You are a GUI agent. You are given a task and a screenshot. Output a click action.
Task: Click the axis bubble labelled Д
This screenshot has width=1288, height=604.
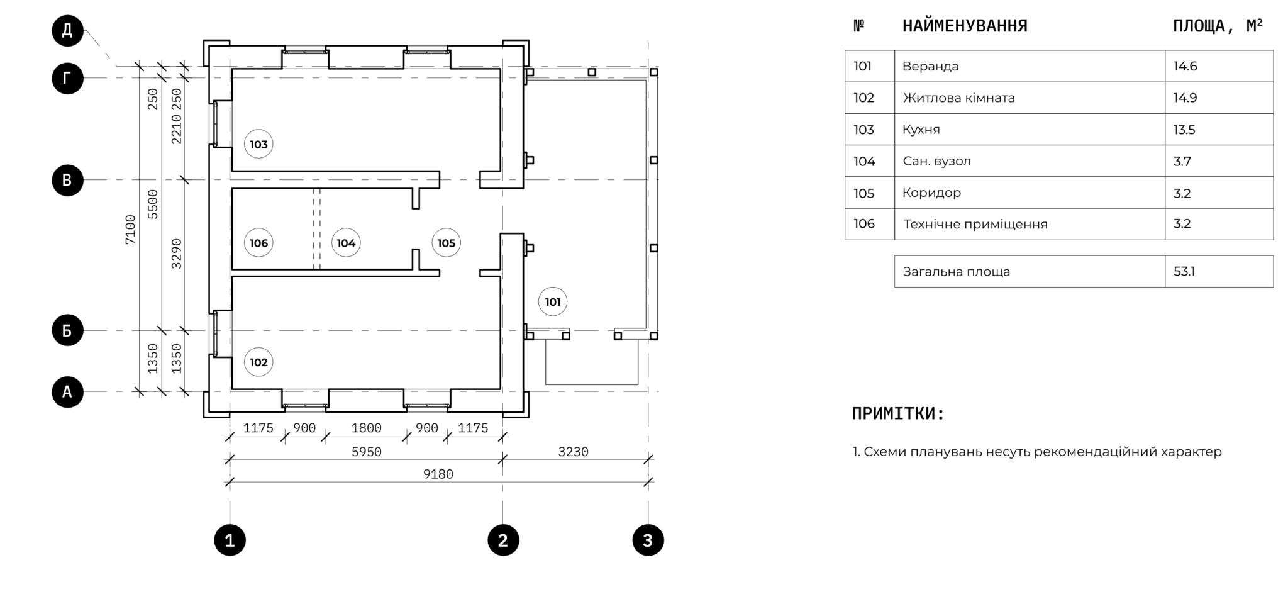(67, 30)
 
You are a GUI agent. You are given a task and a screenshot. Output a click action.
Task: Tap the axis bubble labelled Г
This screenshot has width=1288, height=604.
(67, 79)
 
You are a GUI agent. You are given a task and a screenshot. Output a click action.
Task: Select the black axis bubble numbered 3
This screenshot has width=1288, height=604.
(648, 540)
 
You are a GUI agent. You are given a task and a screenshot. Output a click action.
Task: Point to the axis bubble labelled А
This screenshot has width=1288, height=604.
(67, 392)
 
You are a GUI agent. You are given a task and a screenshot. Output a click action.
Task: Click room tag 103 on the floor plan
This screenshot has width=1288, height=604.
(258, 144)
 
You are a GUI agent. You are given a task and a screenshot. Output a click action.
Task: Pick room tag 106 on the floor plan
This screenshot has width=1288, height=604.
(258, 243)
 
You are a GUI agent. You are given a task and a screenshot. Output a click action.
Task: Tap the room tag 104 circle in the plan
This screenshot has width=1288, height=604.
(346, 243)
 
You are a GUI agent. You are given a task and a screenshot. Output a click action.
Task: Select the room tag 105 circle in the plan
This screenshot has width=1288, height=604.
(446, 243)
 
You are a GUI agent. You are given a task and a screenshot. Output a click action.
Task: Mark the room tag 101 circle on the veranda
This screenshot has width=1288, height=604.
(553, 302)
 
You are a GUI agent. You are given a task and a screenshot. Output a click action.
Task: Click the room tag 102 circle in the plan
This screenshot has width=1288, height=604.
(258, 362)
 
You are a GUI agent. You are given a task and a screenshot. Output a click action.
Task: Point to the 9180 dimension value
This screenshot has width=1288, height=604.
(438, 474)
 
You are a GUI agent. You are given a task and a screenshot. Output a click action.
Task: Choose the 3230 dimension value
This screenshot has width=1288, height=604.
(574, 452)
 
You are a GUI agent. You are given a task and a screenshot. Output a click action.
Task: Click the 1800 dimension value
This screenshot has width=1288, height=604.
(367, 428)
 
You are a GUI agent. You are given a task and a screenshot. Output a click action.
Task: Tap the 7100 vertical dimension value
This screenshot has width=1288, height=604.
(130, 230)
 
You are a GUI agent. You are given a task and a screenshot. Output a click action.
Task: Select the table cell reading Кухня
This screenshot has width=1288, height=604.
(921, 130)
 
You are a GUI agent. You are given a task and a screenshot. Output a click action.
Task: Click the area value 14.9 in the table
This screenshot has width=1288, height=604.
(1185, 98)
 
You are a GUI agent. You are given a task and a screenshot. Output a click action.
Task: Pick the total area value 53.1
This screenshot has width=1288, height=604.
(1184, 272)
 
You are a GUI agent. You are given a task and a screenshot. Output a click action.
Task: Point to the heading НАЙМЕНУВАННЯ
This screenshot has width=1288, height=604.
(965, 26)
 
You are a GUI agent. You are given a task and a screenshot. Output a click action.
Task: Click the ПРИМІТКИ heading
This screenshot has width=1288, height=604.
(898, 414)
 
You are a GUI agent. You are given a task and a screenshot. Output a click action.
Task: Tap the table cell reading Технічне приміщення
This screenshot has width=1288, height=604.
(975, 224)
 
